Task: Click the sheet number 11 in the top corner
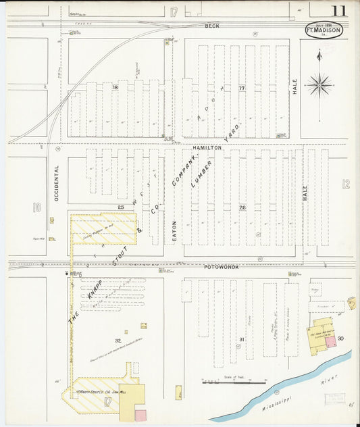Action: (x=339, y=11)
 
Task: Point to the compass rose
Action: (x=319, y=84)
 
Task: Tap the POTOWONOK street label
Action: (x=217, y=267)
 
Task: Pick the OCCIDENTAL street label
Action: (x=57, y=183)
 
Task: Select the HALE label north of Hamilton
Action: (x=295, y=86)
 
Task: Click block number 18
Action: (x=115, y=87)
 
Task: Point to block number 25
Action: (x=121, y=207)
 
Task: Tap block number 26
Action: (x=242, y=207)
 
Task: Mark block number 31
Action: (x=241, y=339)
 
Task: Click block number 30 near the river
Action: (x=340, y=338)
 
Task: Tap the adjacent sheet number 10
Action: (x=37, y=207)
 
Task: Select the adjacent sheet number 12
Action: (x=346, y=183)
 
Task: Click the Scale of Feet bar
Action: (x=224, y=382)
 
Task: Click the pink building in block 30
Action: (x=330, y=342)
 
